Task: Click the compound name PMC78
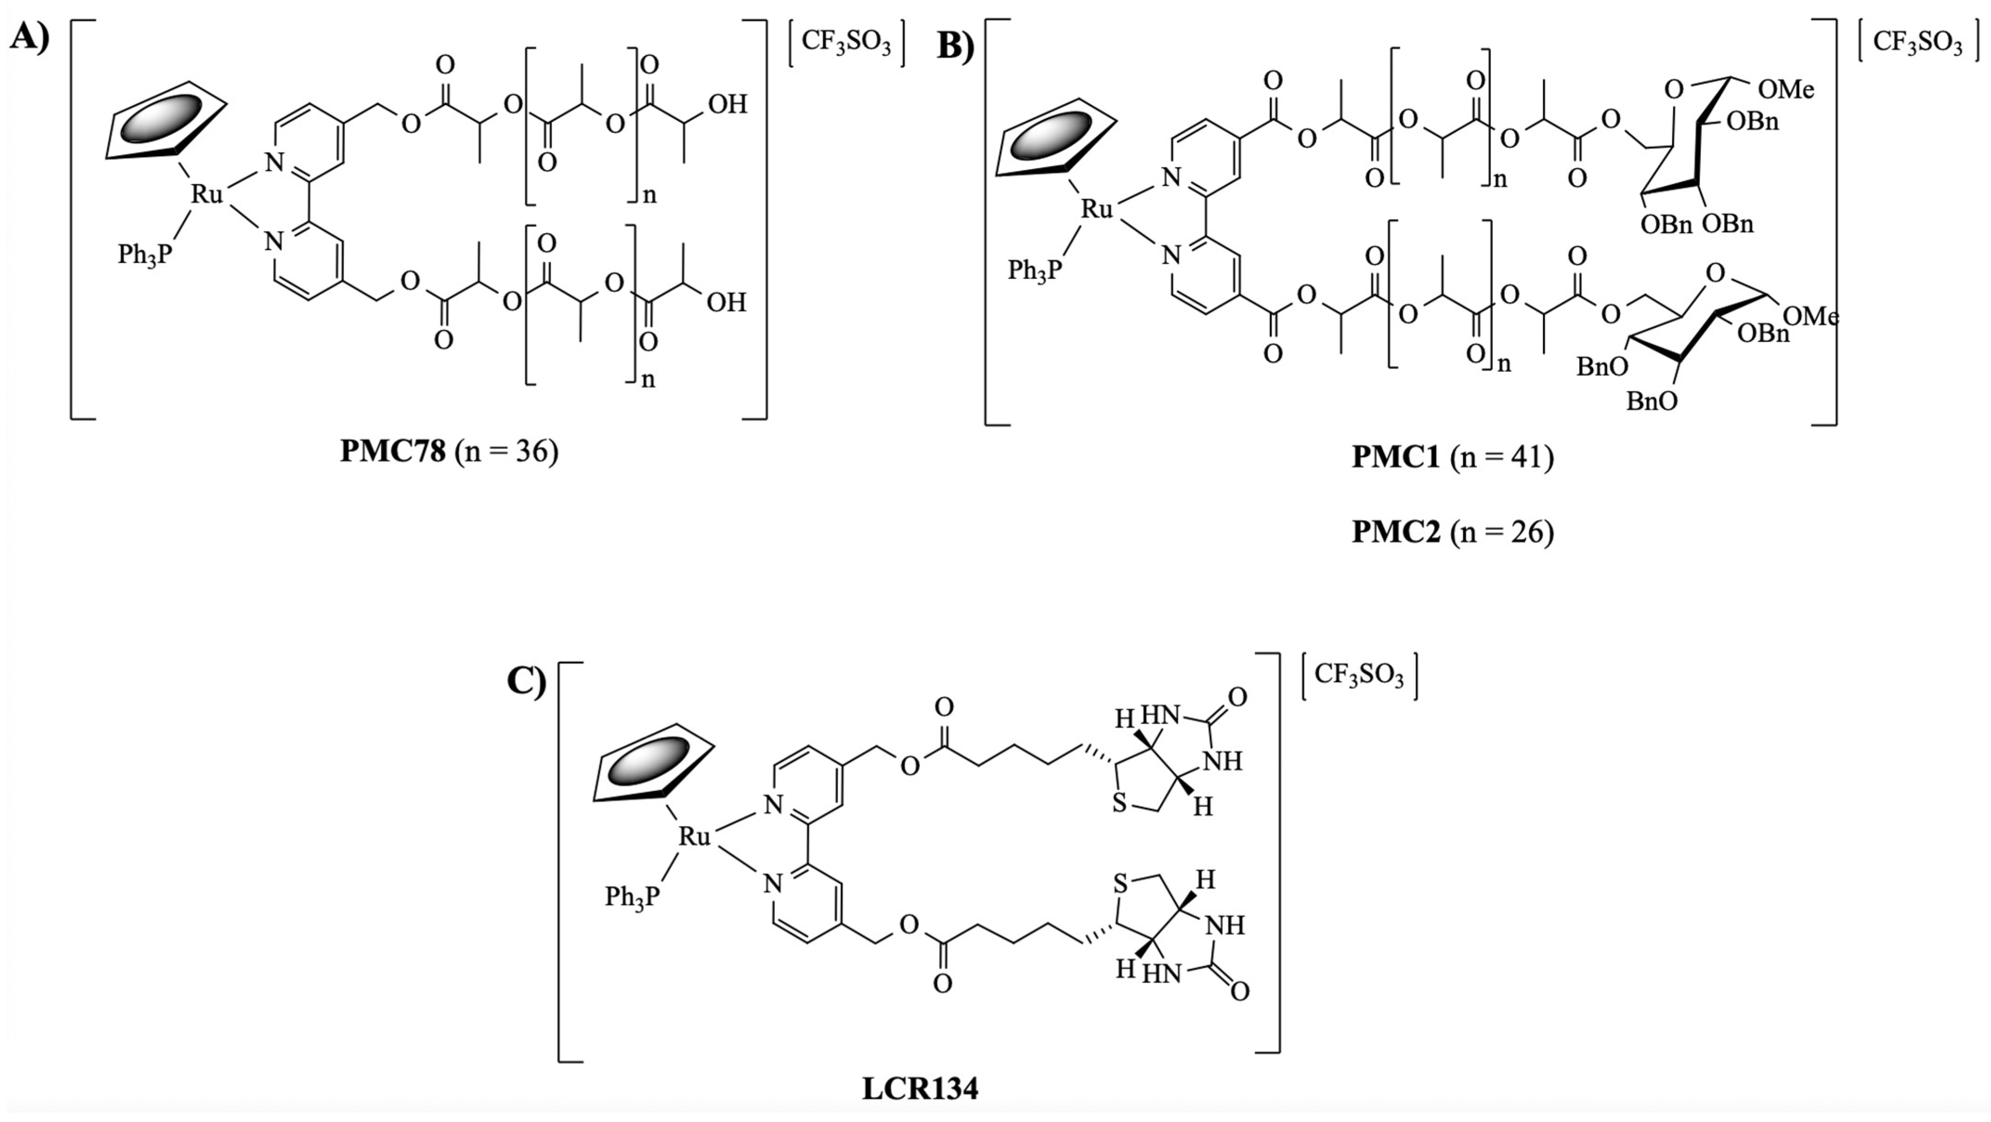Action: click(393, 451)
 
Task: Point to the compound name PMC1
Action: click(1396, 457)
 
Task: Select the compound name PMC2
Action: click(1396, 532)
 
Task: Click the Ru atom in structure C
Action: click(694, 836)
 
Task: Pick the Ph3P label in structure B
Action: click(1034, 270)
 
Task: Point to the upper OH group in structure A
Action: click(727, 105)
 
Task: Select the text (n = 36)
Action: click(506, 451)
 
